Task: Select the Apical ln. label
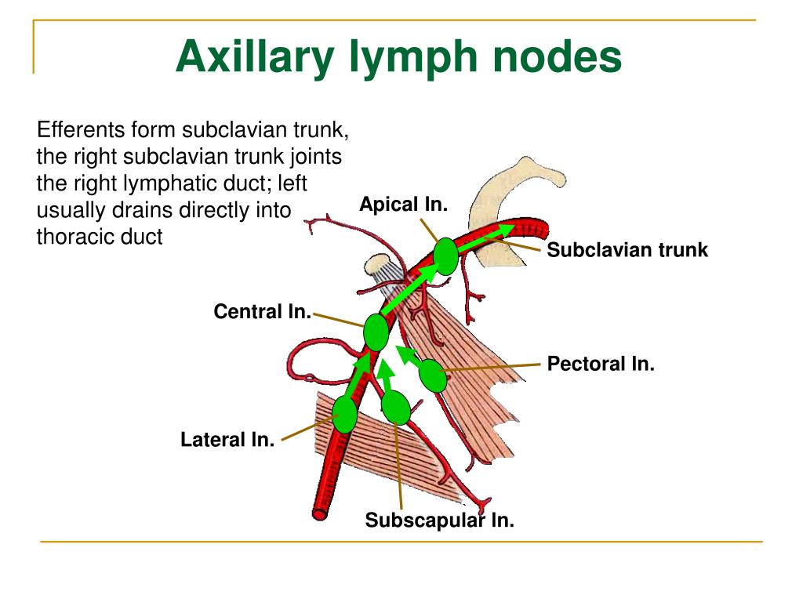pyautogui.click(x=403, y=205)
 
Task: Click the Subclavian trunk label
pyautogui.click(x=627, y=250)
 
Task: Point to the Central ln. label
pyautogui.click(x=262, y=312)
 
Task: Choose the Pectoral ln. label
pyautogui.click(x=601, y=364)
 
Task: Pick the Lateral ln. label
pyautogui.click(x=227, y=440)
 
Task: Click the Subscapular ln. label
pyautogui.click(x=440, y=520)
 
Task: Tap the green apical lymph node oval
pyautogui.click(x=445, y=256)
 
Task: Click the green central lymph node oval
pyautogui.click(x=376, y=332)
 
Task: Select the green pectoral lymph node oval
pyautogui.click(x=432, y=376)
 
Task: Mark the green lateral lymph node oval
pyautogui.click(x=344, y=415)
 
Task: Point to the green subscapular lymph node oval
pyautogui.click(x=395, y=408)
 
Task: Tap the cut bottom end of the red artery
pyautogui.click(x=320, y=514)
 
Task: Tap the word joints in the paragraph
pyautogui.click(x=317, y=156)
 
